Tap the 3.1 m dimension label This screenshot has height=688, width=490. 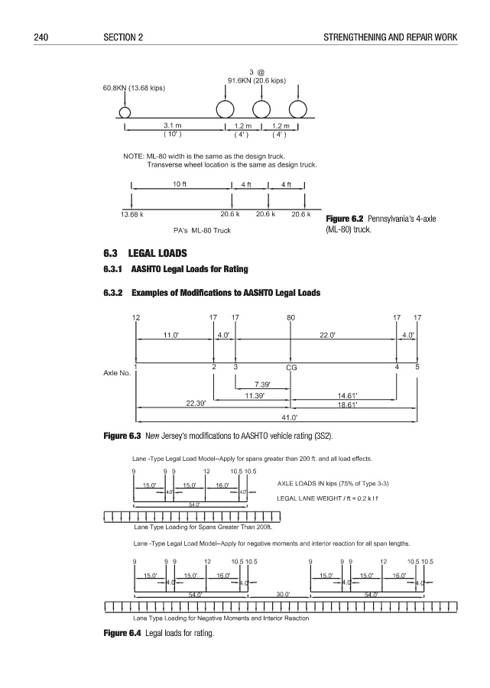[173, 125]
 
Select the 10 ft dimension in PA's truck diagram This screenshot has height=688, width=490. [181, 183]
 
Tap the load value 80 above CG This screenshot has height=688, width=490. [290, 317]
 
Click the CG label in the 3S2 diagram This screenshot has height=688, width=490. [291, 368]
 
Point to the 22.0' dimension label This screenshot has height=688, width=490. [342, 334]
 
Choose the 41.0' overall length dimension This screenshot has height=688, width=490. [290, 417]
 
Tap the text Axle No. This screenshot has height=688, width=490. [115, 373]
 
